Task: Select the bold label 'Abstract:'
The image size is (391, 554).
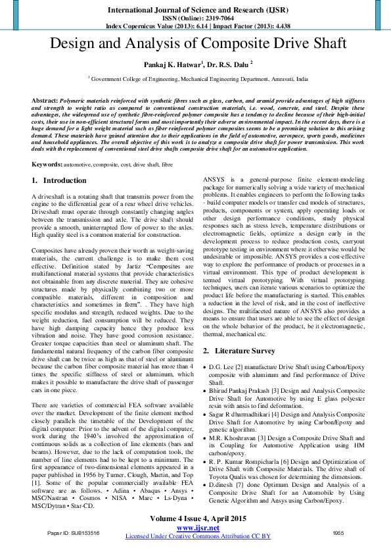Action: (x=44, y=99)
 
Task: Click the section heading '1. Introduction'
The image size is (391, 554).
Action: (x=59, y=180)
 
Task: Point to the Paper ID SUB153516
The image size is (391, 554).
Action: (x=72, y=533)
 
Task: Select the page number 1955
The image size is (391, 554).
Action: (x=338, y=533)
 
